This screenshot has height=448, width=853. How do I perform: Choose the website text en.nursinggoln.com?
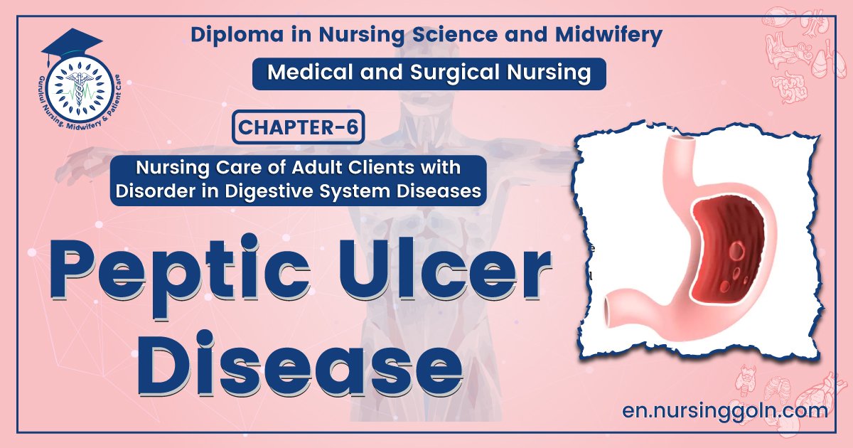tap(724, 410)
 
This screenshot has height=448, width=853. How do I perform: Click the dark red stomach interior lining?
tap(732, 228)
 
